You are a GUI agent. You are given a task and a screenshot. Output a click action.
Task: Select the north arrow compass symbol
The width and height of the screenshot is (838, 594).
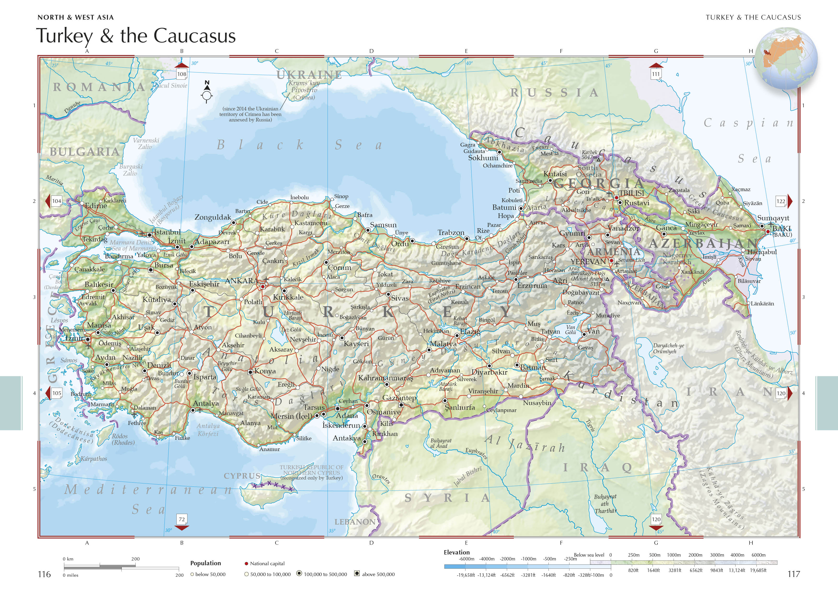(207, 93)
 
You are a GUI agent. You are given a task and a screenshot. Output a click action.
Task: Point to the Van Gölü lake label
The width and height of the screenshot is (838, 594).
(570, 330)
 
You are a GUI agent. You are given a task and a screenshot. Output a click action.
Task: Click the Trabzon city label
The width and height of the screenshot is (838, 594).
(451, 233)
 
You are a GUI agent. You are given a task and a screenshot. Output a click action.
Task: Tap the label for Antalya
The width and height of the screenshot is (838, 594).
(206, 403)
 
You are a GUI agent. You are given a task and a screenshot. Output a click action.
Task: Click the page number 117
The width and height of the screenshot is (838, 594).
(793, 574)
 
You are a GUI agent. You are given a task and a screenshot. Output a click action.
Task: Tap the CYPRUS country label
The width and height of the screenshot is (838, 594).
(242, 476)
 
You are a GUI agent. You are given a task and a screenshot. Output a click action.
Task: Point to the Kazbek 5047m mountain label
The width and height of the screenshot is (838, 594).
(589, 155)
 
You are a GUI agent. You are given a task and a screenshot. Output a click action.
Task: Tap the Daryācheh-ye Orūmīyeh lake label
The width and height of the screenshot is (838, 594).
(668, 348)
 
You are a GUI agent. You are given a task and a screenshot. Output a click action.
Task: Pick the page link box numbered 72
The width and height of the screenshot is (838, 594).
(181, 519)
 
